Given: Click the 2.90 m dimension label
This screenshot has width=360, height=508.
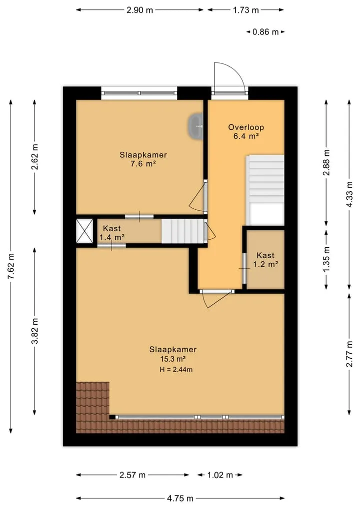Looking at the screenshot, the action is (139, 10).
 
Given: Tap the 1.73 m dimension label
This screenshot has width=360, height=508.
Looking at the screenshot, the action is (246, 10).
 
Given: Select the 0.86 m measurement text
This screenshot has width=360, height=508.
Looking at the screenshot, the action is (265, 32).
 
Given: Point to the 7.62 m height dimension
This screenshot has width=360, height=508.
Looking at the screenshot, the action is (11, 266).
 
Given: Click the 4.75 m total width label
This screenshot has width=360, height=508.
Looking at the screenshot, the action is (180, 499).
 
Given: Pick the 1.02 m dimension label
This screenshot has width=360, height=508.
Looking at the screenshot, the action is (220, 475).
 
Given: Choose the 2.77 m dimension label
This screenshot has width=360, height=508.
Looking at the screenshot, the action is (349, 354).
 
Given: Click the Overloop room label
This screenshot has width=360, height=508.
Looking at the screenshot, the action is (246, 127).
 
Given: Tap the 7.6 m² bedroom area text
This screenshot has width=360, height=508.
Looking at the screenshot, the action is (143, 164).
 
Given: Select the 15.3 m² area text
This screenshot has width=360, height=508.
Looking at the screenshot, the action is (173, 359).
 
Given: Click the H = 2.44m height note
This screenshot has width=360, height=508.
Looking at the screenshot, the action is (176, 369).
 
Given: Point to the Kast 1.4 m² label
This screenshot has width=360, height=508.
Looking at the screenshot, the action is (112, 233).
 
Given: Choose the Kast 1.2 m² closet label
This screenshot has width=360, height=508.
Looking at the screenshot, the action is (265, 260).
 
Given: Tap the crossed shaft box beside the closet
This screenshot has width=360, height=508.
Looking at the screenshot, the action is (84, 231).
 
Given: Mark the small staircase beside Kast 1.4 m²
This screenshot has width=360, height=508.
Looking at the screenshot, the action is (182, 231).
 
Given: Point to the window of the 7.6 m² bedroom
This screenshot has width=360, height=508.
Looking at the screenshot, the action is (139, 93).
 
